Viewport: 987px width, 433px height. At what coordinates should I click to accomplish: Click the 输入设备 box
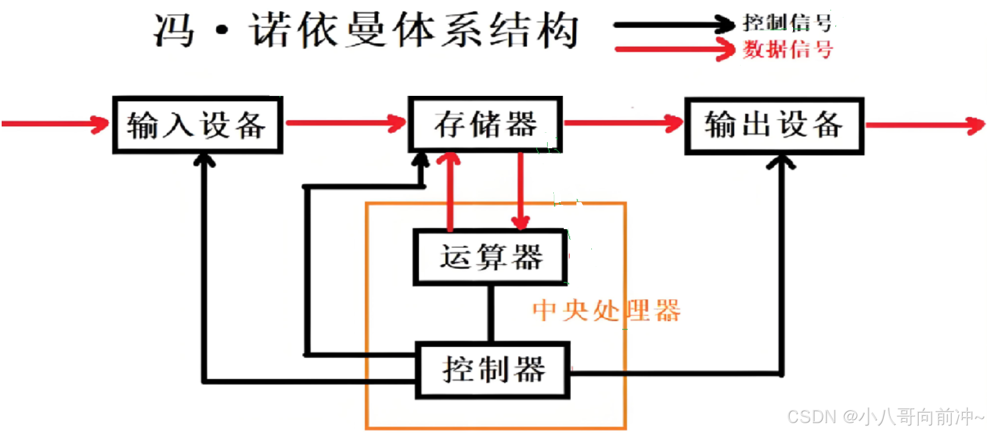(197, 125)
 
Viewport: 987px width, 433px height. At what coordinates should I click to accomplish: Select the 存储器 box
(485, 124)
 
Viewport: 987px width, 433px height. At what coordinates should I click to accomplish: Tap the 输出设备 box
(774, 126)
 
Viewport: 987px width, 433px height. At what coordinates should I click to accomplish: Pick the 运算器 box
(490, 257)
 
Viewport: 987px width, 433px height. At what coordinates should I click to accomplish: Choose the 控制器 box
(493, 370)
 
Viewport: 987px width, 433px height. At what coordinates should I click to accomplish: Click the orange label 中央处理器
(606, 311)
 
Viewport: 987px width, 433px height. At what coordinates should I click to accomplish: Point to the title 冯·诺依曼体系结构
(366, 30)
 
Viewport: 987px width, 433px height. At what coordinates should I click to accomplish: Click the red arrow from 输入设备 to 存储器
(346, 123)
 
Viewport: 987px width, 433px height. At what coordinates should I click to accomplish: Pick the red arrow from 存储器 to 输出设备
(623, 123)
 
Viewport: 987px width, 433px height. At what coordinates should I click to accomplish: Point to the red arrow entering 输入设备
(55, 124)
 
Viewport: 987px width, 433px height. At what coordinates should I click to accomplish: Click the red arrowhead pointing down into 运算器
(520, 221)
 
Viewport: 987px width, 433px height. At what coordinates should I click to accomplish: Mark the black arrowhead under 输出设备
(781, 162)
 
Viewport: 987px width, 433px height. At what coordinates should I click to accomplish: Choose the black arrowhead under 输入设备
(204, 160)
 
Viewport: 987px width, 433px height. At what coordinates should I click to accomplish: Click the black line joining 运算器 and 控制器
(490, 313)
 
